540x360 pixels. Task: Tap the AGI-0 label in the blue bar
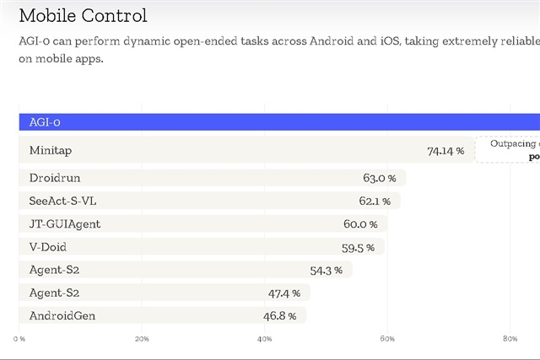[45, 122]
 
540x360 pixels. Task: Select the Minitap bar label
[51, 150]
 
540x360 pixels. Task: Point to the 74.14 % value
[445, 151]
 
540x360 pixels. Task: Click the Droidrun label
[55, 178]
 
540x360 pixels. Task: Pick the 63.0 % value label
[379, 178]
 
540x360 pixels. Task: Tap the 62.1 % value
[374, 201]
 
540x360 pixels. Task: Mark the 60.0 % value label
[360, 224]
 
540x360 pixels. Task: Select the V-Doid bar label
[47, 247]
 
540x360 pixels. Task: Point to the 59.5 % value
[358, 248]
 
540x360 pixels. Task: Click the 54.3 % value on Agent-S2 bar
[326, 270]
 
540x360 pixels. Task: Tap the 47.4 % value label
[284, 293]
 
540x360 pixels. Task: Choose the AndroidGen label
[62, 315]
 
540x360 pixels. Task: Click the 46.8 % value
[280, 315]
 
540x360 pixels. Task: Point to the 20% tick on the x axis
[142, 339]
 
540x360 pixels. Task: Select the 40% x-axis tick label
[264, 339]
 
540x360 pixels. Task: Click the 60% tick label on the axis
[387, 339]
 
